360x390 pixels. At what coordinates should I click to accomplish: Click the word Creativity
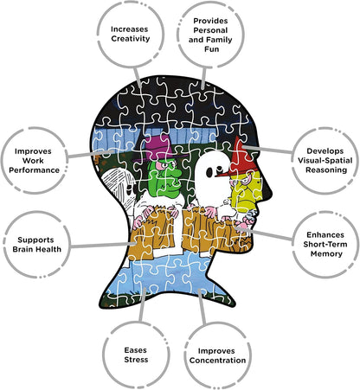click(x=131, y=39)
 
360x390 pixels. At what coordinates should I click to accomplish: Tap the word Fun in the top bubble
click(x=211, y=49)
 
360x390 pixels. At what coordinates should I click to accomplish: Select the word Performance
click(x=34, y=170)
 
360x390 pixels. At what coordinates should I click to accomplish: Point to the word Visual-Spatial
click(x=325, y=160)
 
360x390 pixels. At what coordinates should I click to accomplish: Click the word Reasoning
click(x=326, y=169)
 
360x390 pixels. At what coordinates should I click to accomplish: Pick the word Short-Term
click(x=325, y=244)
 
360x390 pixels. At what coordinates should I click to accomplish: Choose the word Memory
click(x=326, y=253)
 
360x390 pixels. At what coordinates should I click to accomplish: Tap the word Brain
click(x=23, y=249)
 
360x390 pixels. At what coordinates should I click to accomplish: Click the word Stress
click(x=136, y=360)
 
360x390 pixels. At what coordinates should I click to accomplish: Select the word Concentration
click(x=217, y=361)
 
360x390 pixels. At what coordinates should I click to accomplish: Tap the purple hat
click(x=158, y=148)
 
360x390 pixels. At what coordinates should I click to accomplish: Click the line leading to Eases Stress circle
click(x=142, y=304)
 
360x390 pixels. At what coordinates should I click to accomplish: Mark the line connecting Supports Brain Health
click(x=103, y=246)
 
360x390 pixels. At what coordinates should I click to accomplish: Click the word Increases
click(x=130, y=29)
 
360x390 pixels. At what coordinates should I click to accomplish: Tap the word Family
click(x=221, y=40)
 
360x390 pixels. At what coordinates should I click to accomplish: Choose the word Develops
click(x=325, y=151)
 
